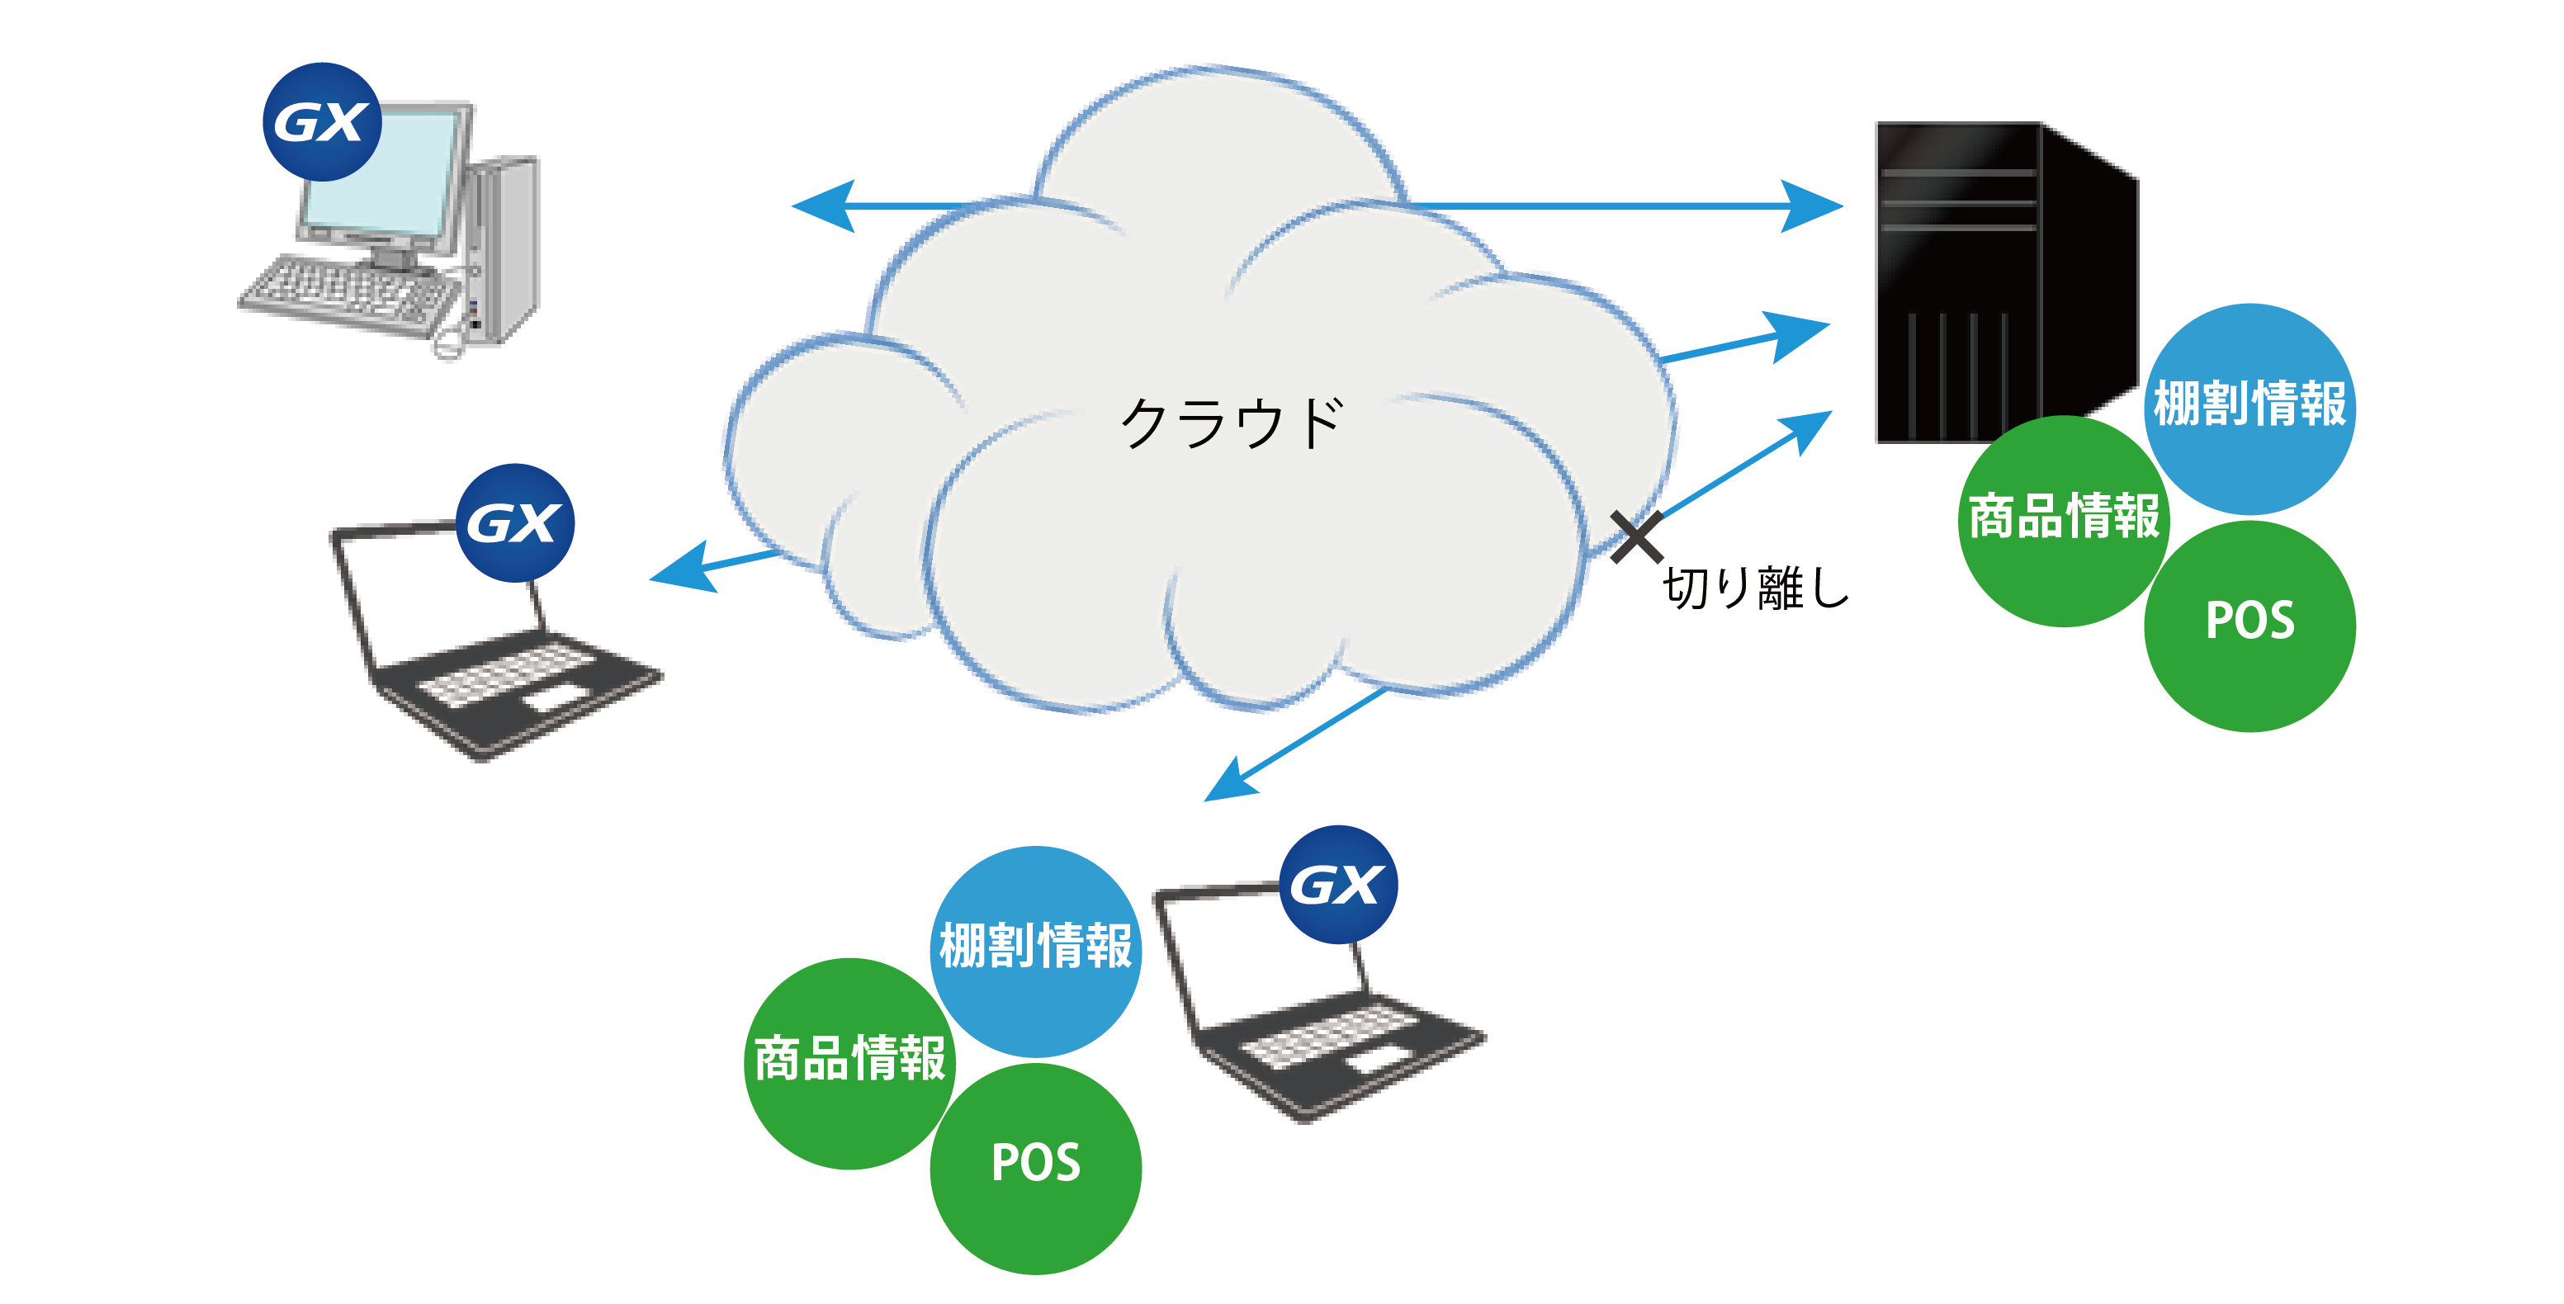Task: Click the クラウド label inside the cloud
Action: point(1232,423)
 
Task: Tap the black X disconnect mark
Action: point(1636,536)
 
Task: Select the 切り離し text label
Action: point(1756,588)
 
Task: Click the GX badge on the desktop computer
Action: point(321,122)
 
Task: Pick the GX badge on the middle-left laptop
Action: point(514,522)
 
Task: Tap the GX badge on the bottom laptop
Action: point(1338,884)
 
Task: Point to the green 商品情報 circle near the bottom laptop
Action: point(849,1061)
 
